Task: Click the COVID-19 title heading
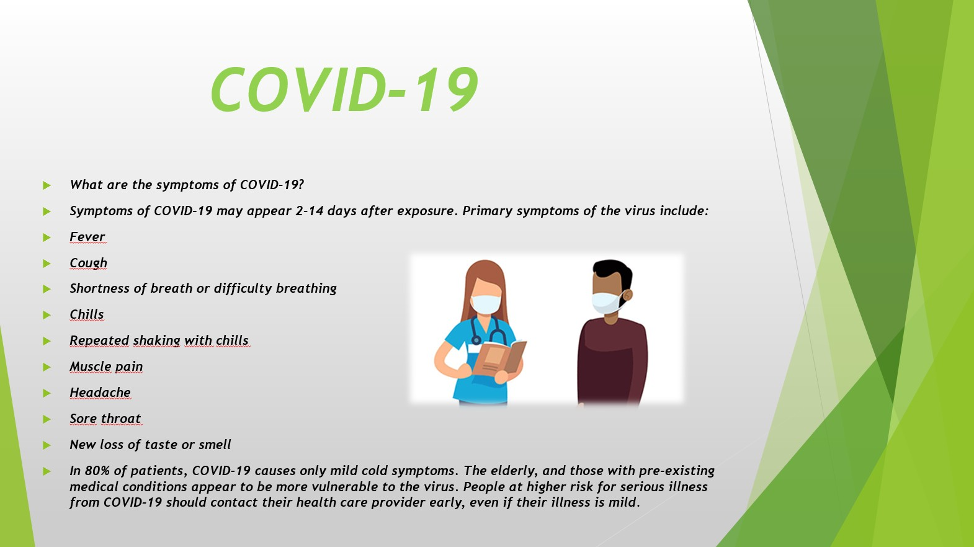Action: [x=344, y=89]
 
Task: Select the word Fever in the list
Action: [x=87, y=237]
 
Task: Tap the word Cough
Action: [x=88, y=263]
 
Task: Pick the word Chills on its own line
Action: [x=86, y=314]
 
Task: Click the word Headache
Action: [x=100, y=393]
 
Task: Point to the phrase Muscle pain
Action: [x=106, y=367]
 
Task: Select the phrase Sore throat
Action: [x=105, y=419]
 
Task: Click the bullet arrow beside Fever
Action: [x=47, y=238]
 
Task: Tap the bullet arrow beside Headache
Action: [x=47, y=393]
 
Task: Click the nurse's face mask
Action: [x=486, y=304]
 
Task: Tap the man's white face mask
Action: [x=607, y=303]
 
